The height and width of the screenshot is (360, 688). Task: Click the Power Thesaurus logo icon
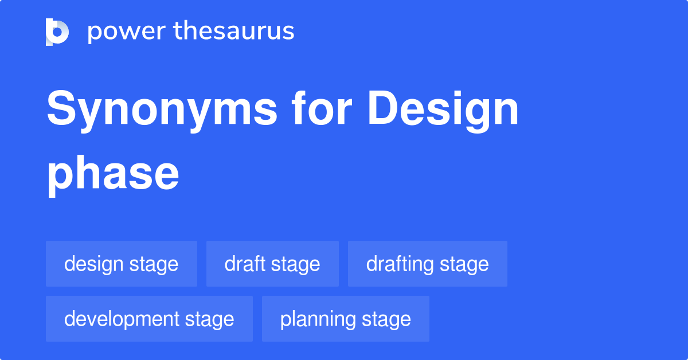[x=57, y=32]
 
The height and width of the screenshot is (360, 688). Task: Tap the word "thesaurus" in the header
[x=234, y=32]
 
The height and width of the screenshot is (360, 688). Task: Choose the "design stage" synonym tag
[x=122, y=264]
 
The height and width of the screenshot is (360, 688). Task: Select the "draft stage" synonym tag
[x=272, y=264]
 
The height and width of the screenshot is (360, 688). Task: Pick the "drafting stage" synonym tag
[x=428, y=264]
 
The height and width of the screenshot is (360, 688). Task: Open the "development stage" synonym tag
[x=149, y=319]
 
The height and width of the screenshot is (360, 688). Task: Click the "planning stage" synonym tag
[x=346, y=319]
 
